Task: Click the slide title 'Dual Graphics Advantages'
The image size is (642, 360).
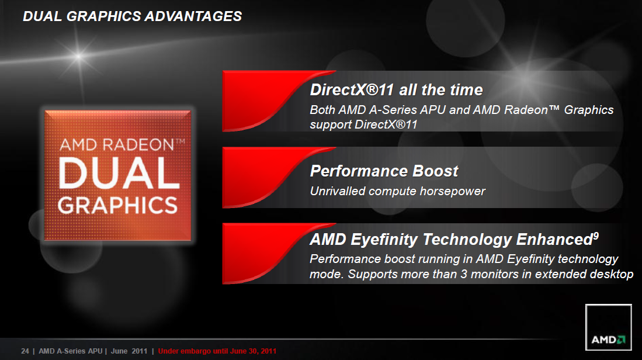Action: pos(132,16)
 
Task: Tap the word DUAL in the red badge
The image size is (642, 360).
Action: pos(119,174)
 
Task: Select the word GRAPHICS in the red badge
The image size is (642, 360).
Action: pos(117,205)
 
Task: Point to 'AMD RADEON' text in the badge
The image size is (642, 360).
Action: pos(117,145)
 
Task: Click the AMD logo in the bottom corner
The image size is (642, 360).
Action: pos(609,327)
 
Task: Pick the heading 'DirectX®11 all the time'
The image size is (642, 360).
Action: pos(396,89)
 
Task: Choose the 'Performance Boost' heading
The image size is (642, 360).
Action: pos(384,171)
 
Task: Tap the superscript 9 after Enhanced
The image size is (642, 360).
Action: pos(596,236)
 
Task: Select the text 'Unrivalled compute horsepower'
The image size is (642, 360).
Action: pos(398,191)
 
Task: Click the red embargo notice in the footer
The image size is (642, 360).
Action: pos(217,351)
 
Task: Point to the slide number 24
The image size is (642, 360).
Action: pos(25,351)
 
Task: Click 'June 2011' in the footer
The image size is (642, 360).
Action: pos(129,351)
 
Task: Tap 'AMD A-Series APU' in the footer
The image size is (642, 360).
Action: pos(71,351)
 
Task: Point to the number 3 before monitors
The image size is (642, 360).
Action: pos(463,274)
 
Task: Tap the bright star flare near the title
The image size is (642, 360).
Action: pos(79,56)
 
